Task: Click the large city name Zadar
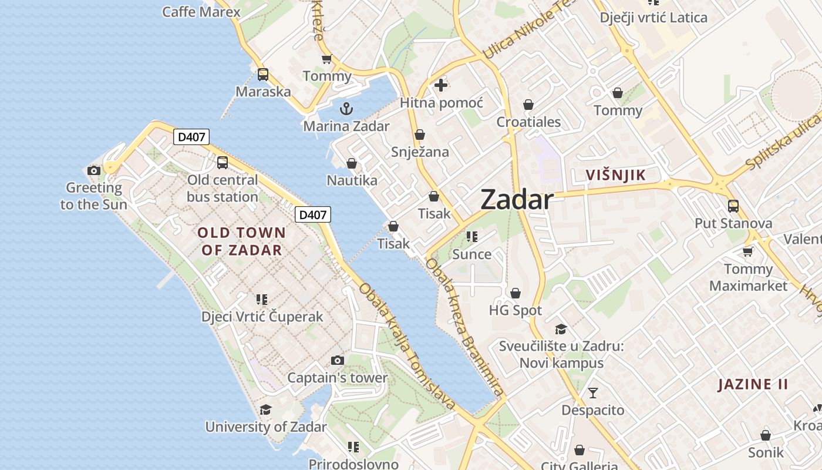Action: [517, 200]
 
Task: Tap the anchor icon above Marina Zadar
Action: [346, 109]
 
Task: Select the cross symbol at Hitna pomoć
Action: [441, 85]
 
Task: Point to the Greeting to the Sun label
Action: [93, 196]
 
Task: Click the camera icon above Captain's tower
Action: [337, 360]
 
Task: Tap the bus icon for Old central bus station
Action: [223, 163]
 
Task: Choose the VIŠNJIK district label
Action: [615, 174]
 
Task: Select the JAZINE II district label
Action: [753, 385]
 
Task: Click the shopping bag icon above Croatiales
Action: [528, 105]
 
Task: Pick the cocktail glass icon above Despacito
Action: [593, 392]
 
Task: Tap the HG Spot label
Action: [516, 310]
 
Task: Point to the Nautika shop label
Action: [352, 180]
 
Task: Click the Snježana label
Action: [420, 152]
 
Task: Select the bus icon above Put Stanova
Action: [733, 206]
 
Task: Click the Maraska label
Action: [263, 92]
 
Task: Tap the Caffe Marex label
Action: [201, 12]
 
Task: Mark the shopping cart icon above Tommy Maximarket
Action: [748, 251]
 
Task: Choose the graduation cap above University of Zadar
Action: [266, 409]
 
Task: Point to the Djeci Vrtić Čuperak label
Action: [262, 317]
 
